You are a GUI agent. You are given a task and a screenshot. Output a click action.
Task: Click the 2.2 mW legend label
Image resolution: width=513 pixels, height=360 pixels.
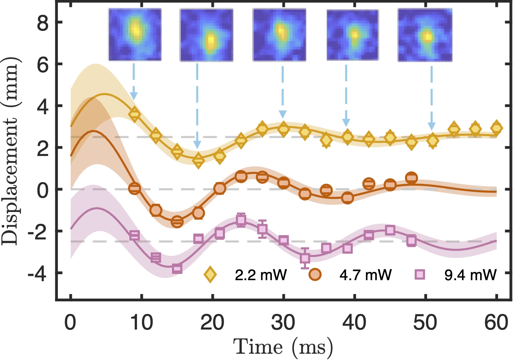click(x=261, y=275)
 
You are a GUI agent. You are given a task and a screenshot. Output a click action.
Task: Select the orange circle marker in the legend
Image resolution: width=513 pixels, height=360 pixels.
click(x=315, y=275)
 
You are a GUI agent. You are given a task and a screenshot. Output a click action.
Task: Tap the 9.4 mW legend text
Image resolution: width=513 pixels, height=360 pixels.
click(x=470, y=275)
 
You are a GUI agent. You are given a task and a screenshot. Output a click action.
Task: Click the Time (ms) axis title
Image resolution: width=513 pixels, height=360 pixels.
click(x=283, y=347)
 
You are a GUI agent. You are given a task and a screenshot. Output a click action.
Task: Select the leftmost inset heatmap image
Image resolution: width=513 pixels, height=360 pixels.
click(x=135, y=35)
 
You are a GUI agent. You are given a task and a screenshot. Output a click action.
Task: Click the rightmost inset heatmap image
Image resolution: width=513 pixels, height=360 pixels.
click(x=425, y=35)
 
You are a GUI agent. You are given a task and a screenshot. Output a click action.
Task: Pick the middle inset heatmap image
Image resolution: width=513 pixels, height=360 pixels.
click(x=279, y=35)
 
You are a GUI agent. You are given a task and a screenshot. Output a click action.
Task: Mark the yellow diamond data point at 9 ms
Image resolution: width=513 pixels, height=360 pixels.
click(x=134, y=114)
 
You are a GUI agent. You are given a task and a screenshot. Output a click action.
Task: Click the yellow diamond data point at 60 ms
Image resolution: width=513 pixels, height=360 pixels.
click(x=496, y=128)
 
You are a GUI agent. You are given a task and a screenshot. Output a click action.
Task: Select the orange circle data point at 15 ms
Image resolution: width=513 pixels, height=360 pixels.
click(x=177, y=222)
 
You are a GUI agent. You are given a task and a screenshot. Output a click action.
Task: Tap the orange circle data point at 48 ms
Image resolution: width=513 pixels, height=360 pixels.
click(x=411, y=178)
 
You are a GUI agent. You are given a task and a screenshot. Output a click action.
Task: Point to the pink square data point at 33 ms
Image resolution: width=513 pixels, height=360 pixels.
click(x=305, y=258)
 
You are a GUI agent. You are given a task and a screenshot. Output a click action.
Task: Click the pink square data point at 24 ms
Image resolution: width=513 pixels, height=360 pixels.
click(x=241, y=220)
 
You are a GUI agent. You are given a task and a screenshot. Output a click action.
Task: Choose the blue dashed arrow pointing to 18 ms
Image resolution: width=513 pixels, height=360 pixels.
click(x=197, y=106)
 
